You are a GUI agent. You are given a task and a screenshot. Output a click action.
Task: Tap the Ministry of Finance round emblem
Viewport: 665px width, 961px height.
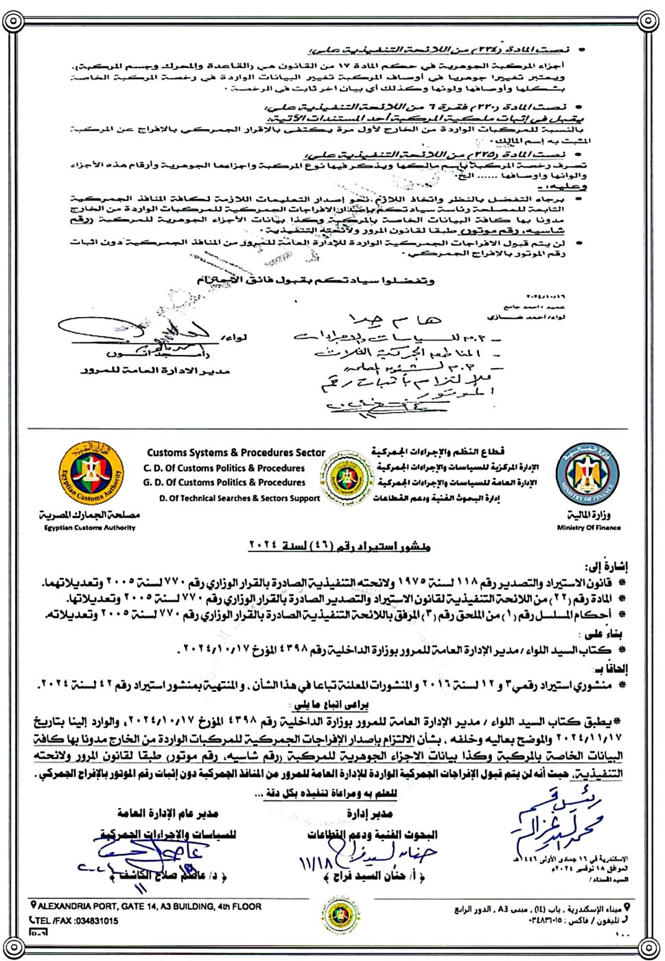coord(588,474)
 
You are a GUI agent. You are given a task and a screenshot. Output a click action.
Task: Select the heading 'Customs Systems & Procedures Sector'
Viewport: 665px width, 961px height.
coord(235,452)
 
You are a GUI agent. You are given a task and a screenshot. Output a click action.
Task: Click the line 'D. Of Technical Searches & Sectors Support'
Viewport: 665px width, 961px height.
coord(240,498)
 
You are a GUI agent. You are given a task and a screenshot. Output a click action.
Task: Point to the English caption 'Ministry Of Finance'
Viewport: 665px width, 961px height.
coord(589,528)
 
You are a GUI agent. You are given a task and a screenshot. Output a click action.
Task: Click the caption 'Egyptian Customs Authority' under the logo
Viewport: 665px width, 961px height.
coord(90,528)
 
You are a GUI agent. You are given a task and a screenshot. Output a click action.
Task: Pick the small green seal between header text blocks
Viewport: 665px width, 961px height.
coord(345,476)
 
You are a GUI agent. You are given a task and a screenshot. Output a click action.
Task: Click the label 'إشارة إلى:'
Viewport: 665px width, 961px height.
coord(607,567)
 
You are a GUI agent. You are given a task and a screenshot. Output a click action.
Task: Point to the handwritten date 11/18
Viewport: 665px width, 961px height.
coord(315,864)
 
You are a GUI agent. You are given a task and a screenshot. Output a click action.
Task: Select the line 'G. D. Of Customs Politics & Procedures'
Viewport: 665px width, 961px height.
coord(224,483)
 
